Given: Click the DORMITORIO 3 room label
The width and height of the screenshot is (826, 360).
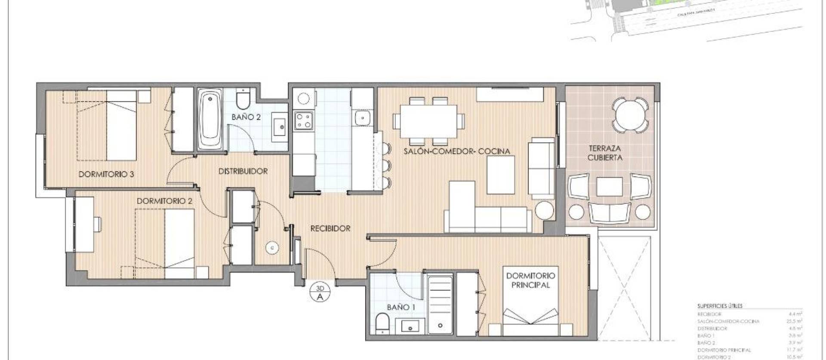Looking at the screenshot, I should pos(106,174).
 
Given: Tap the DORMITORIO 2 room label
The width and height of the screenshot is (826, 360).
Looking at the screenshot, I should pos(164,201).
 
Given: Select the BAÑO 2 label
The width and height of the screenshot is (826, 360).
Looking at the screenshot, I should pos(246,117).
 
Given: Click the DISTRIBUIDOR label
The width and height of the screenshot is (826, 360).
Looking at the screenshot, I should pos(243,171).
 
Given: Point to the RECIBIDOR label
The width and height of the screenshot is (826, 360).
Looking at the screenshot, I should pos(330,228).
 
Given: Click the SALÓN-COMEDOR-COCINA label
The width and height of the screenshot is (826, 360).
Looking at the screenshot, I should pos(456,151).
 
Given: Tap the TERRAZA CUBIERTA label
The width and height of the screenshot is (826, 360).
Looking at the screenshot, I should pos(604,153).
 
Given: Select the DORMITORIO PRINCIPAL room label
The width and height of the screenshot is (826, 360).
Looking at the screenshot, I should pos(530,280).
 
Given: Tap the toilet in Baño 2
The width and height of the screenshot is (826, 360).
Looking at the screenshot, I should pos(243,100).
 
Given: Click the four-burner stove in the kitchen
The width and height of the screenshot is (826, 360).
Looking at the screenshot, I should pos(303,120).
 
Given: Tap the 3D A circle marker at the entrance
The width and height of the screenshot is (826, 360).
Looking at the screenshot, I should pos(320,292).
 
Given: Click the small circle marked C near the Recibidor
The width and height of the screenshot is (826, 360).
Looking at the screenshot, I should pos(272,248).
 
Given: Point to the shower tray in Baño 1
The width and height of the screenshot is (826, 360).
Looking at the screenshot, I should pos(440,305).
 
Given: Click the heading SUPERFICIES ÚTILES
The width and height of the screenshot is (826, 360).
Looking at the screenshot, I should pos(720,306).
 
